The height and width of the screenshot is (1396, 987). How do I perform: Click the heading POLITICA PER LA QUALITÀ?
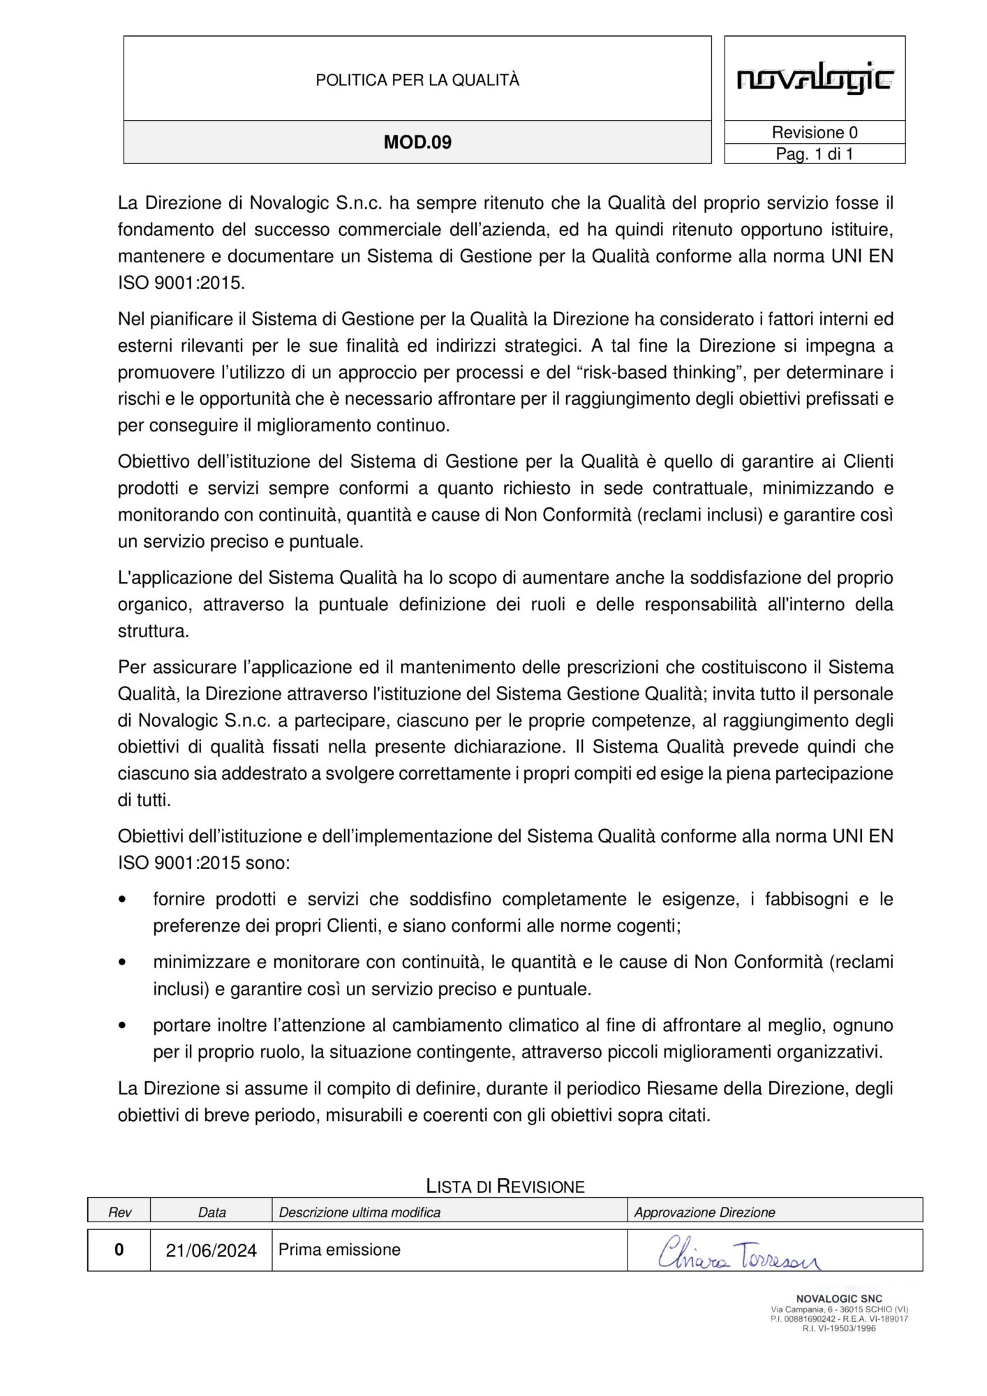[417, 80]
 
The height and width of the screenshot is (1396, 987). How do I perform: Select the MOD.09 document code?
[417, 142]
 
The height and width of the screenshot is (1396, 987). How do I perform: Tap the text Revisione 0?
[815, 133]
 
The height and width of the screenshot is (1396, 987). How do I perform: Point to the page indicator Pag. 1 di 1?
[815, 154]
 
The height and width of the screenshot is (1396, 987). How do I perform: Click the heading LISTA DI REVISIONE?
[505, 1186]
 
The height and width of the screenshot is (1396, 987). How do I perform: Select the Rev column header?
[119, 1212]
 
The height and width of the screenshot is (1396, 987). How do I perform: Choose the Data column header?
[211, 1212]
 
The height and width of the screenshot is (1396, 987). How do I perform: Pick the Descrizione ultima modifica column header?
[359, 1212]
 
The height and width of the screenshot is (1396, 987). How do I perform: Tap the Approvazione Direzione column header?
[704, 1212]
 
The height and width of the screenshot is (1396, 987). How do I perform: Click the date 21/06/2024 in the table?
[211, 1250]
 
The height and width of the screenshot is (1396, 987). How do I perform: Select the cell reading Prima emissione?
[339, 1249]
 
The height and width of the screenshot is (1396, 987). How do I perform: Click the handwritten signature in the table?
[740, 1253]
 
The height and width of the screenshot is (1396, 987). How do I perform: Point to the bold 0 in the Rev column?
[119, 1249]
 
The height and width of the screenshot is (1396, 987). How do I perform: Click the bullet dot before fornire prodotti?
[124, 900]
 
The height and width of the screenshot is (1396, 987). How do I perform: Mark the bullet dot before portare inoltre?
[124, 1025]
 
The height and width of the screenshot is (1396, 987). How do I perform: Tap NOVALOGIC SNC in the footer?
[839, 1299]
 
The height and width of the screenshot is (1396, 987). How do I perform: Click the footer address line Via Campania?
[839, 1309]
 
